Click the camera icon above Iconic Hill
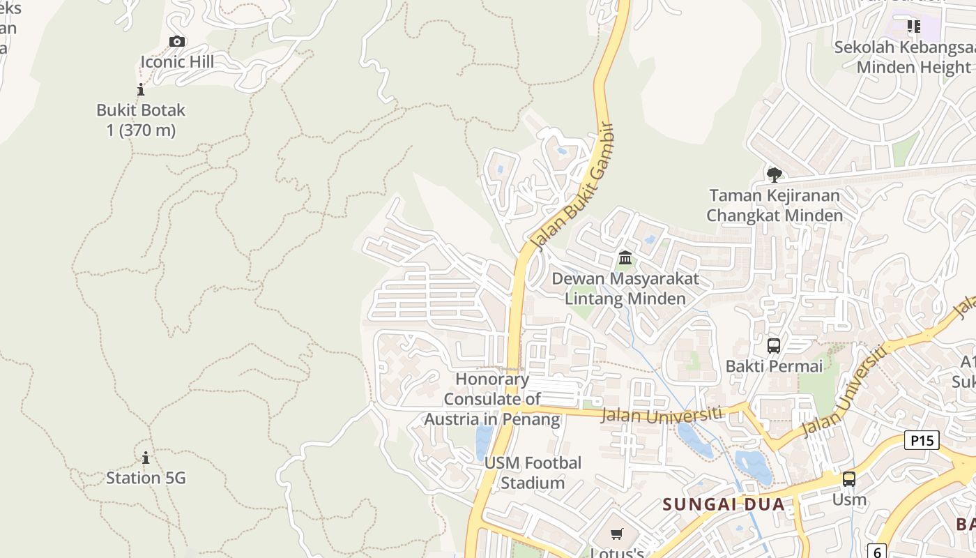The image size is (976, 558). [177, 42]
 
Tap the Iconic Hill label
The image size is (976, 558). [177, 62]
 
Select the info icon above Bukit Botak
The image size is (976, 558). [141, 89]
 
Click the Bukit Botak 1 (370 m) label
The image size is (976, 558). [141, 120]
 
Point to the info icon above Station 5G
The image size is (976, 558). [146, 458]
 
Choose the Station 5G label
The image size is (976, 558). [146, 478]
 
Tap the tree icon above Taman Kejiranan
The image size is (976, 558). [774, 174]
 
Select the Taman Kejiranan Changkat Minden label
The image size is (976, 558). [775, 206]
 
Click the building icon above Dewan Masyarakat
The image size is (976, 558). [625, 259]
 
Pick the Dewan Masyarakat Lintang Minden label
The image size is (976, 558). [625, 289]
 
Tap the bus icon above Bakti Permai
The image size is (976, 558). [774, 345]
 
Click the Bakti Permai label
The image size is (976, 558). [774, 366]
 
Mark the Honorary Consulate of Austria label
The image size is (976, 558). [492, 400]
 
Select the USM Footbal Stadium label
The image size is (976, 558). [533, 473]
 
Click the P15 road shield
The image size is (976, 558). [922, 440]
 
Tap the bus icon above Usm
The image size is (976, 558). [848, 479]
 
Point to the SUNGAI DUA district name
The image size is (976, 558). [724, 504]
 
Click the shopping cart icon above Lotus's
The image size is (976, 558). [616, 534]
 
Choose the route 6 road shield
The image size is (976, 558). [877, 551]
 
